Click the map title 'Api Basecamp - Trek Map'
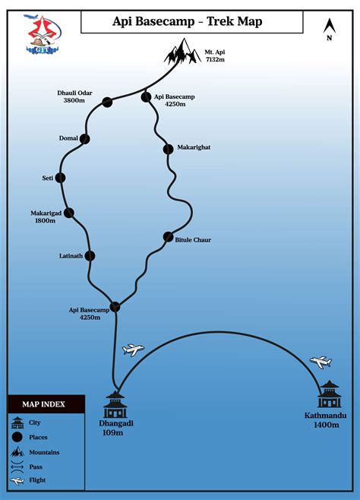188,21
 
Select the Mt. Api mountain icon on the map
182,51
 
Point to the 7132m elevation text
215,59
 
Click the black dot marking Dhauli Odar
107,103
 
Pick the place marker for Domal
85,139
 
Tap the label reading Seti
48,178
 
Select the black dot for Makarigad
69,213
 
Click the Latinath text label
71,256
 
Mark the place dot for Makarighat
168,149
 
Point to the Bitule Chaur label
193,240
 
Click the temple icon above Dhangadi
115,404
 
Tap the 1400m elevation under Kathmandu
327,425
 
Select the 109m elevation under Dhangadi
112,432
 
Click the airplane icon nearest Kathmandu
321,362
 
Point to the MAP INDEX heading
43,404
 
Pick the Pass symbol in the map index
17,467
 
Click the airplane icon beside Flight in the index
17,480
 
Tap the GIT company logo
43,33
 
